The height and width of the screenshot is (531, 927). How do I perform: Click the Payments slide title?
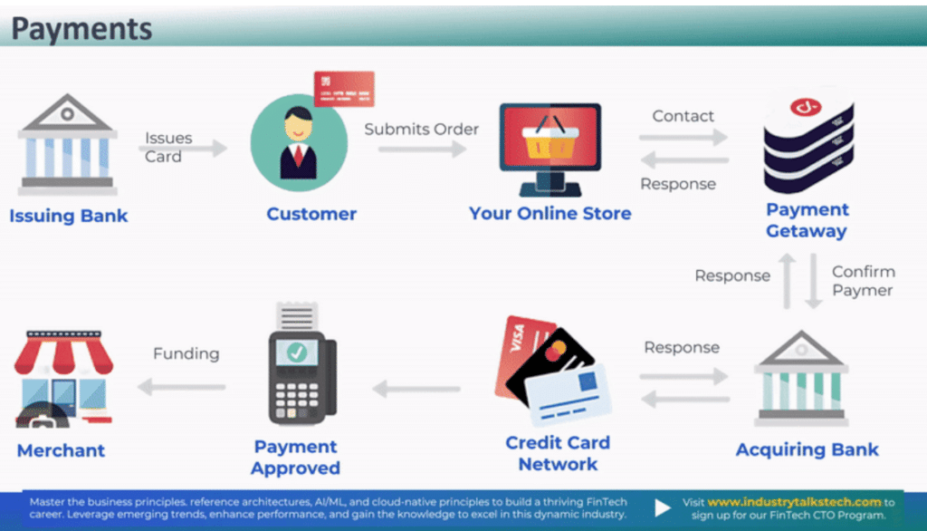[81, 29]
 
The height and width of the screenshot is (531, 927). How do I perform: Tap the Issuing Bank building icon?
[68, 145]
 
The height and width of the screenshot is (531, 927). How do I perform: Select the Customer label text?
[311, 215]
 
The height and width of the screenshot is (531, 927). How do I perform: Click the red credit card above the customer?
[344, 89]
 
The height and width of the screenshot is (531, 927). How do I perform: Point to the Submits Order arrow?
[422, 148]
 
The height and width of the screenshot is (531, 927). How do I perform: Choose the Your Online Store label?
[550, 215]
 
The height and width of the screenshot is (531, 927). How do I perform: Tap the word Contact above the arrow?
[683, 117]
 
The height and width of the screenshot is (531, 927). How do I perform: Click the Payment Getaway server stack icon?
[808, 140]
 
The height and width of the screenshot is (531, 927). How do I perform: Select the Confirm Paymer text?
[863, 281]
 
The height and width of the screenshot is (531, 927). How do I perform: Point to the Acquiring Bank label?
[808, 450]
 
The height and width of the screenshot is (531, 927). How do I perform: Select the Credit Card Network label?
[558, 453]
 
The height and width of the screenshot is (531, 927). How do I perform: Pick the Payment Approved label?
[296, 458]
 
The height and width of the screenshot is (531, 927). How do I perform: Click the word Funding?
[186, 354]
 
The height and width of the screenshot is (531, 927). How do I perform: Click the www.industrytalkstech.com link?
[794, 502]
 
